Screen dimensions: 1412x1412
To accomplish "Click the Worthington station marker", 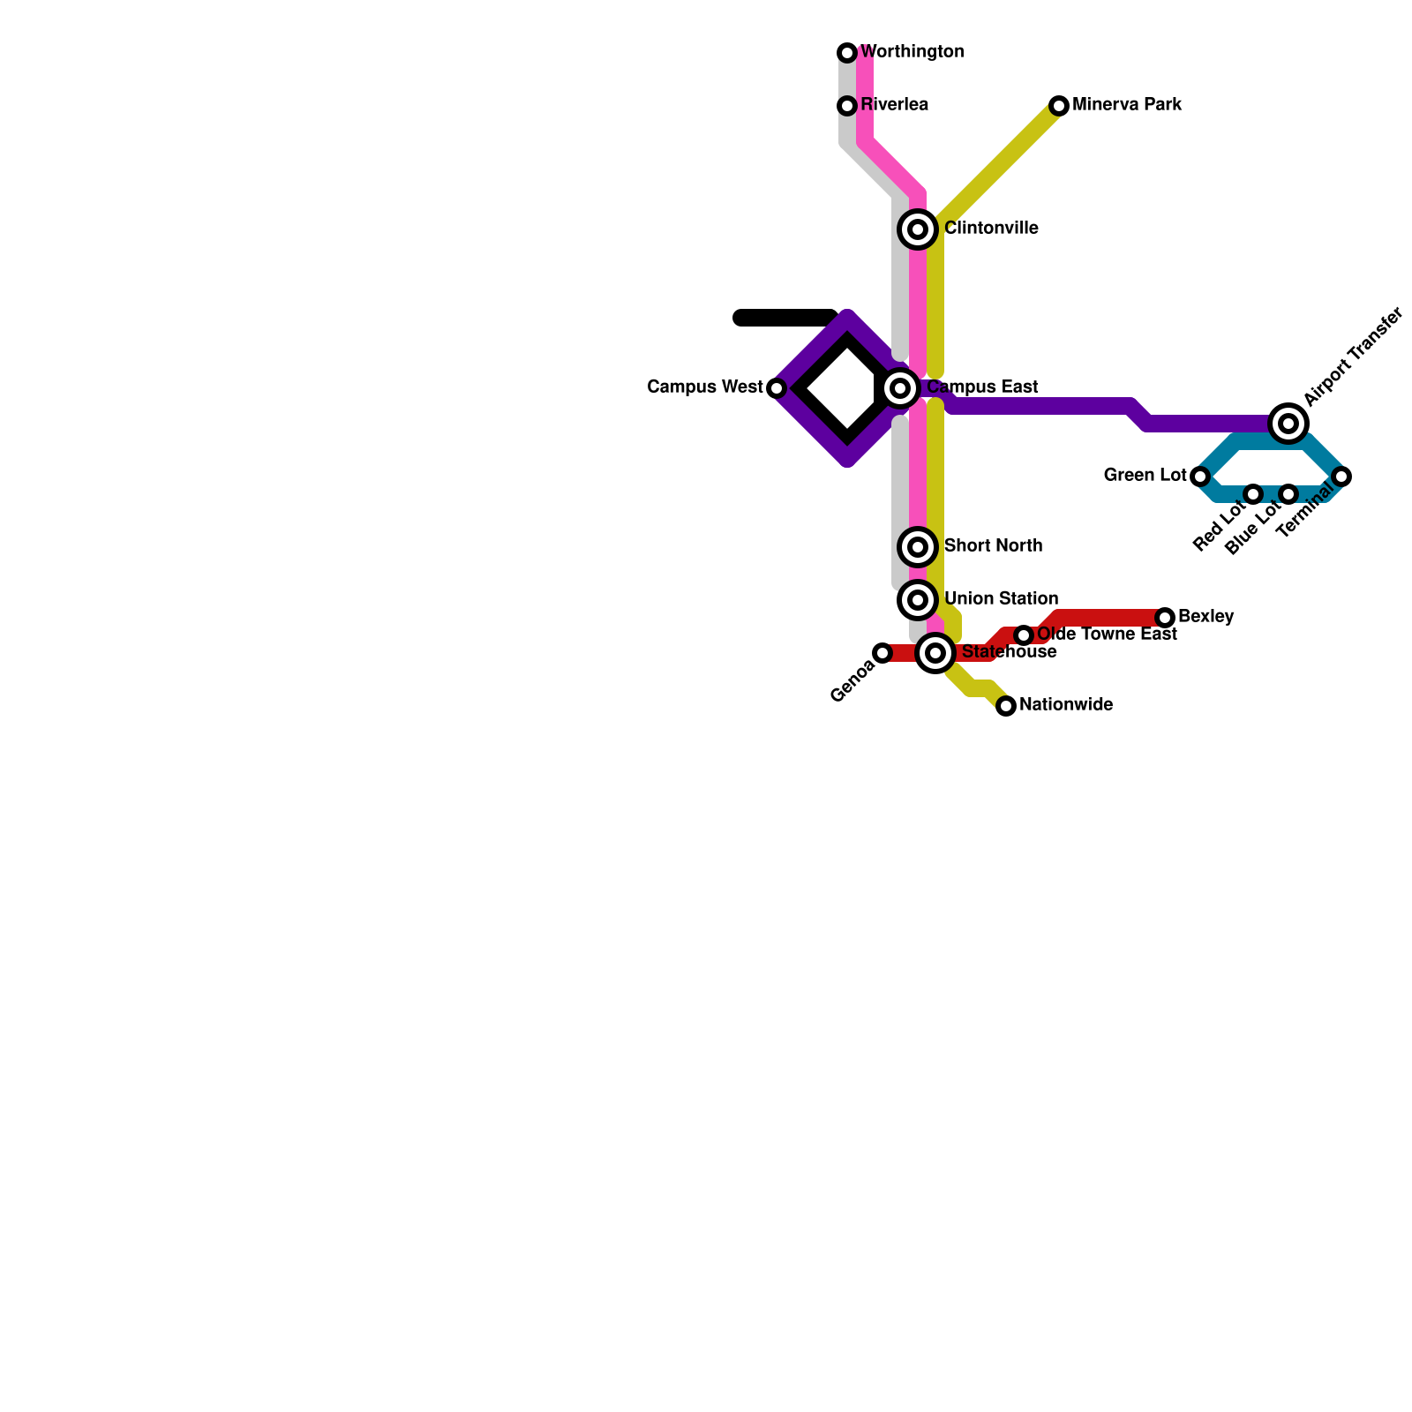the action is [847, 53].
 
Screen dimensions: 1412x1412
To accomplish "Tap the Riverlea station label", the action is [894, 105].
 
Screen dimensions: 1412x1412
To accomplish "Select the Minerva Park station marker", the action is [1059, 106].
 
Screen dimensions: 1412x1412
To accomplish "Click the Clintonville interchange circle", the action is [918, 229].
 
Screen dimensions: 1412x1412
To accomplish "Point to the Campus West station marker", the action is [777, 388].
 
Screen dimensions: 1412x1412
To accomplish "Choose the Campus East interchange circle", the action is [900, 388].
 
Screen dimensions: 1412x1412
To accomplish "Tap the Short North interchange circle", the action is [918, 547].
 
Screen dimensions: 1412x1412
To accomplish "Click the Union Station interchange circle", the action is [918, 600].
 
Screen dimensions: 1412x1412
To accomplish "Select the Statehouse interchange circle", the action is [935, 653].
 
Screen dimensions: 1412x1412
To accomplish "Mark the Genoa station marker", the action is [882, 653].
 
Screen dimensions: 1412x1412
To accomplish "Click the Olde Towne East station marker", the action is [1024, 635].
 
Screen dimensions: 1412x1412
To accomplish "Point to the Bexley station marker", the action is [1165, 618].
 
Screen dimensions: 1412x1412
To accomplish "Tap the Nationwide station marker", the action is [1006, 706].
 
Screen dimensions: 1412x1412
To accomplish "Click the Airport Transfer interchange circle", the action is [1288, 424].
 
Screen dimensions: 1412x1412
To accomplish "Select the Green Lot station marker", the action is [1200, 477].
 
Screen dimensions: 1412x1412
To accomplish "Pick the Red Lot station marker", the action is [1253, 494].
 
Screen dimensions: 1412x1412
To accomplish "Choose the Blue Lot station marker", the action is [1288, 494].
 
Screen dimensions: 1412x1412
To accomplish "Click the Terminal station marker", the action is [1341, 477].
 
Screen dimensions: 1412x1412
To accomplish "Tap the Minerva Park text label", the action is [1127, 105].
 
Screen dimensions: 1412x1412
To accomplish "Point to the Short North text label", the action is [993, 546].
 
